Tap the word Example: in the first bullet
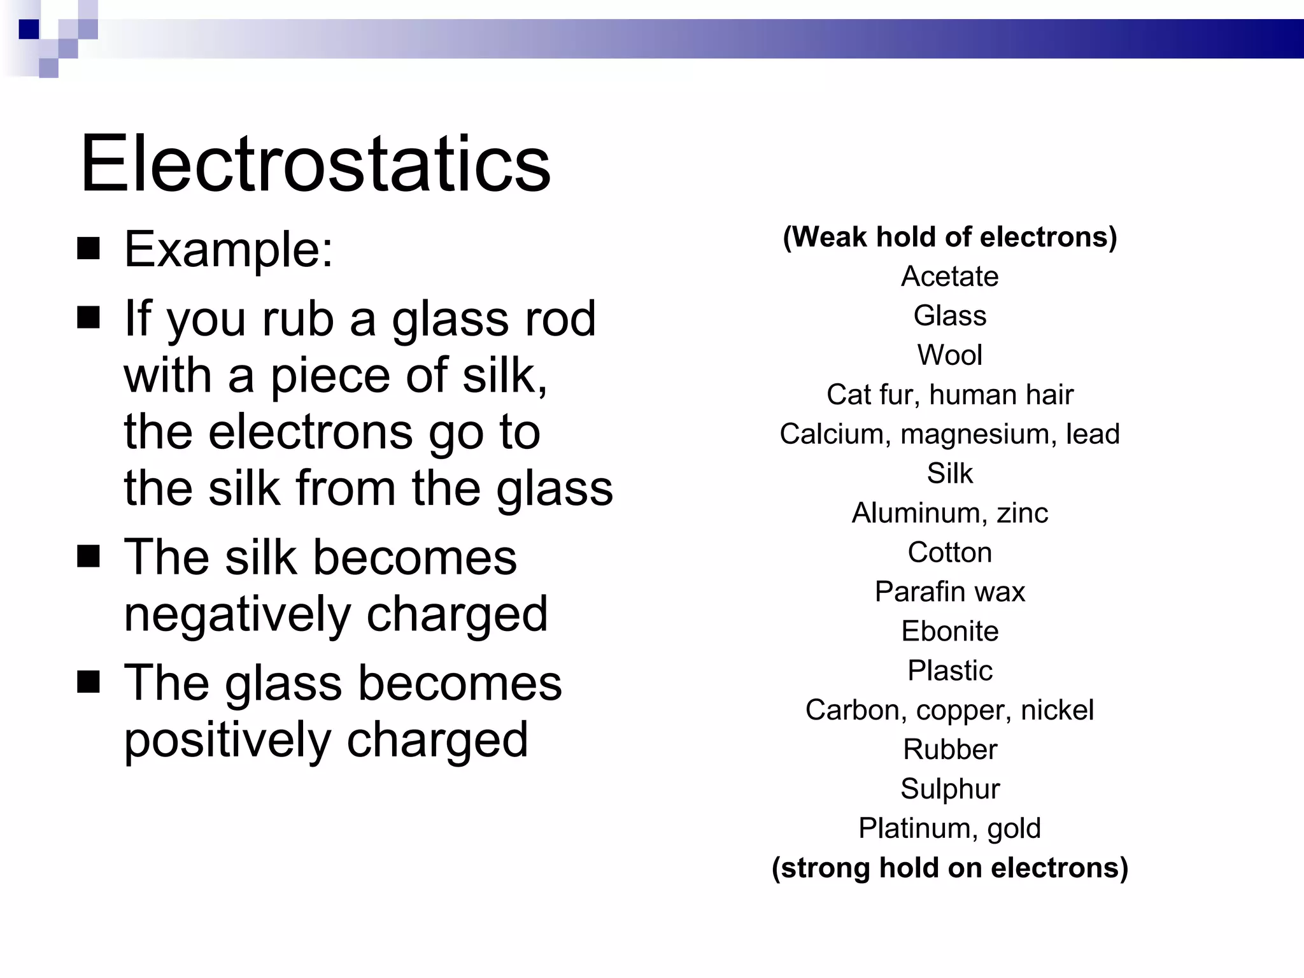pos(228,249)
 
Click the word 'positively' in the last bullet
pos(227,740)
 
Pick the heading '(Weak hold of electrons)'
pos(949,237)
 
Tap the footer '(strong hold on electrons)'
pos(949,868)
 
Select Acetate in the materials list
pos(949,276)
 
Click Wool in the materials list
pos(949,355)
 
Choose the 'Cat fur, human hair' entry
pos(949,395)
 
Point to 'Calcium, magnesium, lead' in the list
pos(949,434)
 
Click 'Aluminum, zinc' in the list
pos(949,513)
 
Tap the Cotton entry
pos(949,553)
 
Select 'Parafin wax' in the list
pos(949,592)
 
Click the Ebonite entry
pos(949,632)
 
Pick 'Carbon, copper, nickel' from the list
pos(949,711)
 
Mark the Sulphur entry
pos(949,790)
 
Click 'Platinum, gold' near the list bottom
pos(949,829)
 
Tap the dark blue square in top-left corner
pos(29,29)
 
